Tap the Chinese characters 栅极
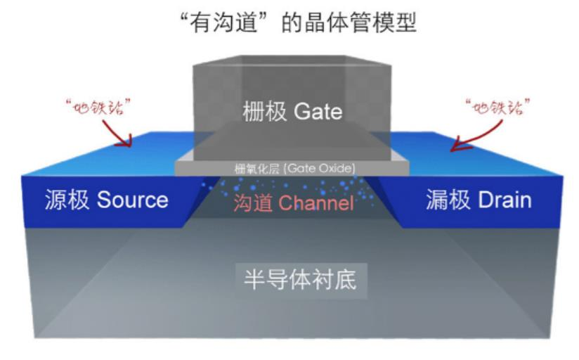pyautogui.click(x=264, y=112)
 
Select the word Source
pyautogui.click(x=133, y=200)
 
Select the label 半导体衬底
pyautogui.click(x=290, y=280)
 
